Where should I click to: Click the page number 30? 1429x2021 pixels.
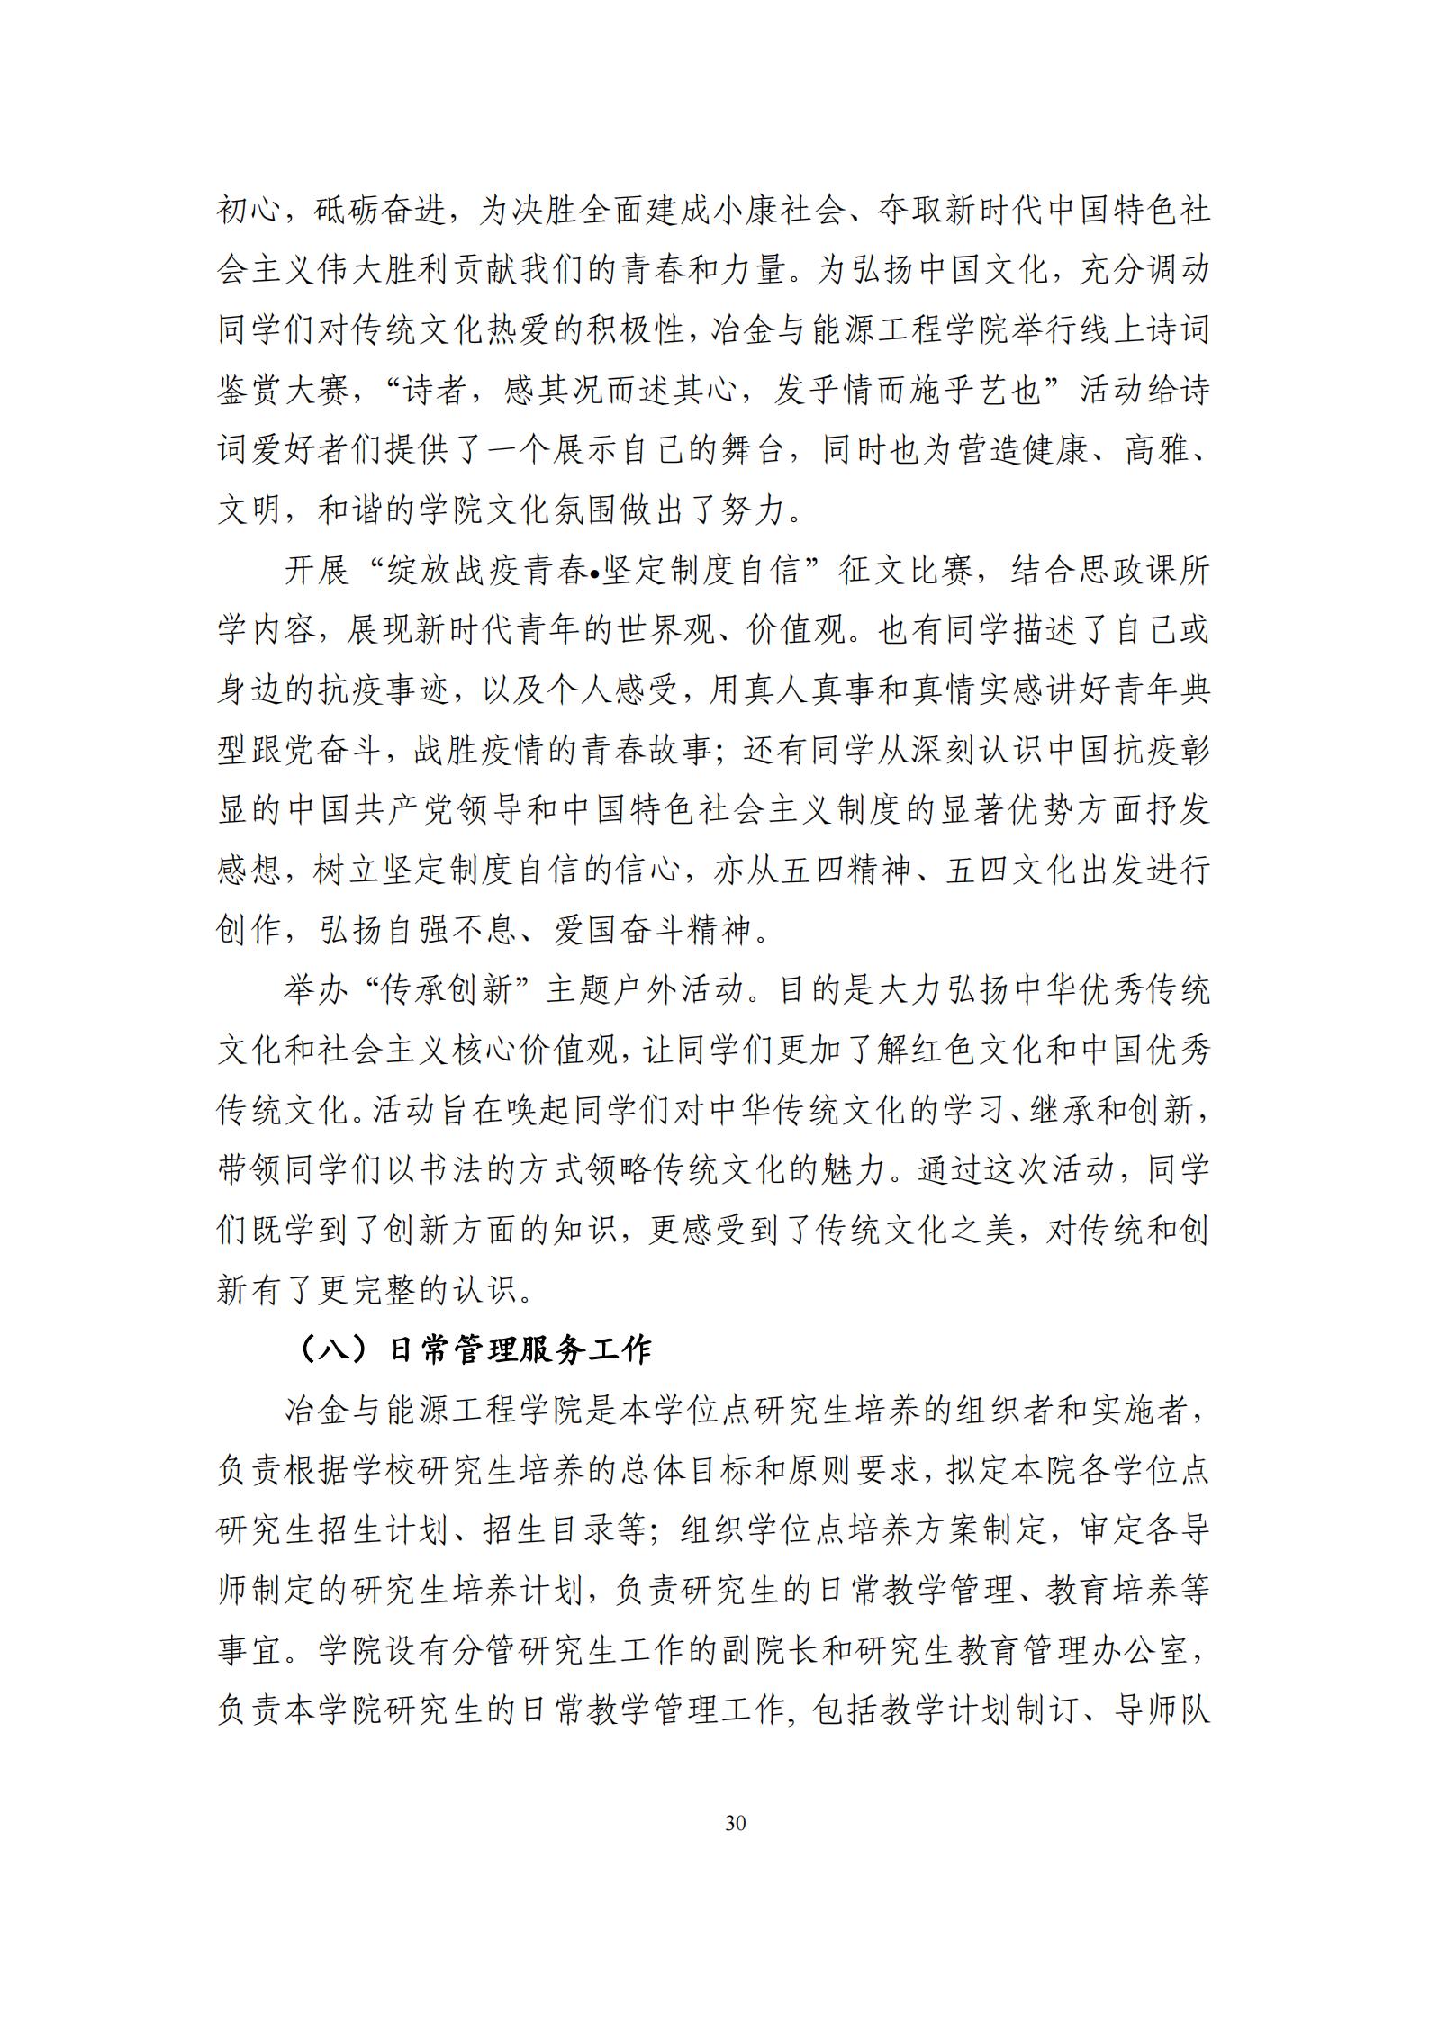pos(735,1824)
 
